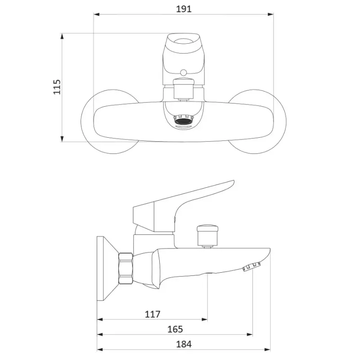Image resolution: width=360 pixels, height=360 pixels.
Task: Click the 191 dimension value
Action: point(184,9)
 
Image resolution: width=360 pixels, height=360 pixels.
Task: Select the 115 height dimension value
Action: point(57,87)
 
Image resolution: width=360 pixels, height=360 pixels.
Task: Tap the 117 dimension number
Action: point(153,314)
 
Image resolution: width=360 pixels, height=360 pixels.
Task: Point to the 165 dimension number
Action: point(175,329)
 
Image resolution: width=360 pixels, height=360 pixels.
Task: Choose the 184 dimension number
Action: point(184,344)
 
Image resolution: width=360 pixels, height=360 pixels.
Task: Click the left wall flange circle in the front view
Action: point(81,121)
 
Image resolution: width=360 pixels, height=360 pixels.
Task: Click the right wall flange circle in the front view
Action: point(286,121)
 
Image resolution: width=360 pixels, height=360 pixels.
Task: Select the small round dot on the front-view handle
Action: point(183,73)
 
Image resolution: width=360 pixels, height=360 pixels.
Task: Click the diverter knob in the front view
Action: point(184,88)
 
